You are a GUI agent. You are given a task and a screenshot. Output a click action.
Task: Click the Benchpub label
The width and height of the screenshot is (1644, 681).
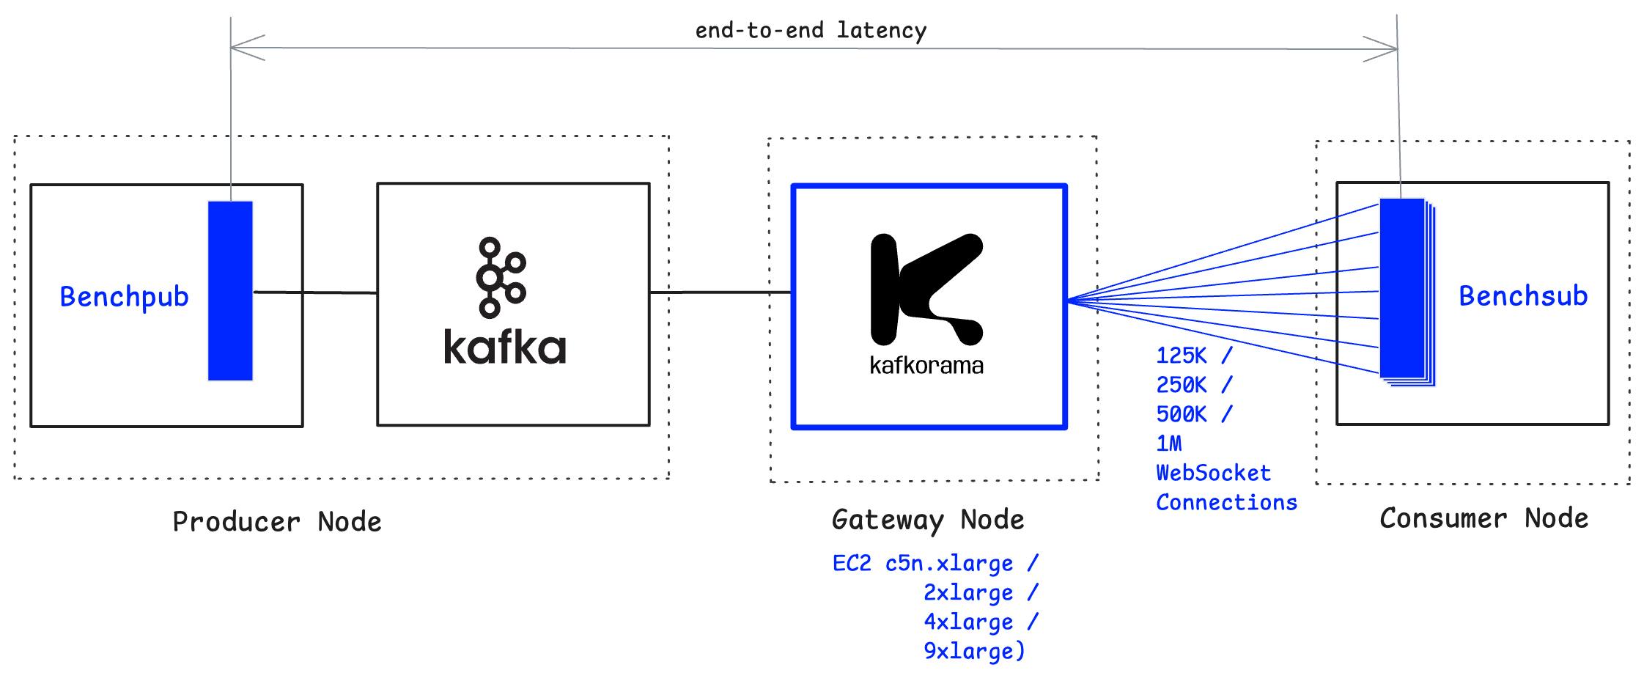(124, 297)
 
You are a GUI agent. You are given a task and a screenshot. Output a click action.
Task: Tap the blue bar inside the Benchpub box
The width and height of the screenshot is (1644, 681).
(230, 290)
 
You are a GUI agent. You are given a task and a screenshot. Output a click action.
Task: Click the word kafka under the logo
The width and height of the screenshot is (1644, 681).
(505, 347)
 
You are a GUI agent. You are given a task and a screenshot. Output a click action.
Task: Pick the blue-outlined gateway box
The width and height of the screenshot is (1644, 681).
(929, 306)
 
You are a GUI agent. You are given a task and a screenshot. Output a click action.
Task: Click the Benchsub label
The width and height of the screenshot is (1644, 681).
(1522, 296)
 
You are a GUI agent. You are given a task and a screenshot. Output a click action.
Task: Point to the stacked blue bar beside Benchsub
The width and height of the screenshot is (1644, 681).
(1404, 290)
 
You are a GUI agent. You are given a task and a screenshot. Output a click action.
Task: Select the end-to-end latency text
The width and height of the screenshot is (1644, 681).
(811, 31)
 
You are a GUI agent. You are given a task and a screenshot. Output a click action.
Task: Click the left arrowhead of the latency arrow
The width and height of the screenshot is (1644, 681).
(246, 48)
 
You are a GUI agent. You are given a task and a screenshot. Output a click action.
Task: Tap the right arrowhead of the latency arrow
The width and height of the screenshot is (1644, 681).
(1382, 49)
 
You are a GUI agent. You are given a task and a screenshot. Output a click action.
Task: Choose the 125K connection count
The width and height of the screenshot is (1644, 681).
(1182, 356)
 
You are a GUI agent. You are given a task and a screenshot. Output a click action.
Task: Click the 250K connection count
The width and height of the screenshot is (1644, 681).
(1182, 386)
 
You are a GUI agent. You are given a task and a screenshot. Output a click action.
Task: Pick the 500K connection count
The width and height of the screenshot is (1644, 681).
(1182, 415)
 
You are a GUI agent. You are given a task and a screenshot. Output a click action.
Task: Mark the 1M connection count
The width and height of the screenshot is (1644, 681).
(1169, 444)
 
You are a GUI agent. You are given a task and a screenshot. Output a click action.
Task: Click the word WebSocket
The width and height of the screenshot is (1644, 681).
(1213, 474)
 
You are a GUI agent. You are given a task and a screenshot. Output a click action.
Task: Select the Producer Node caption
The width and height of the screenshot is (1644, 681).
(276, 522)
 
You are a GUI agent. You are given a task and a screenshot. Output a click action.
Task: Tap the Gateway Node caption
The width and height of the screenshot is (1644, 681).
(928, 520)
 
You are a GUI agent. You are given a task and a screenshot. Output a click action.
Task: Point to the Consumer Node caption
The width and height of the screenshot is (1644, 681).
(1483, 518)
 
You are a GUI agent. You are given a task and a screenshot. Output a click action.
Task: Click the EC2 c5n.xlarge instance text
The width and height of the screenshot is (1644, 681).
(924, 564)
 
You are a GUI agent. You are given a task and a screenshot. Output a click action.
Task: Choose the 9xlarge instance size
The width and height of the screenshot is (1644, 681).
(973, 652)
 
